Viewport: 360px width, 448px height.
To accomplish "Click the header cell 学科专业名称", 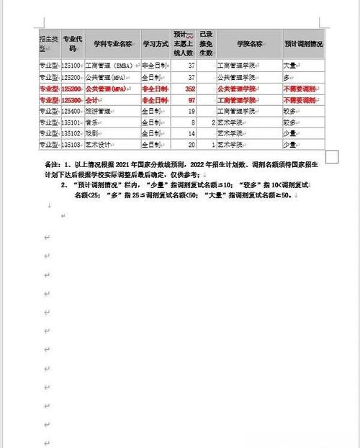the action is [x=112, y=44].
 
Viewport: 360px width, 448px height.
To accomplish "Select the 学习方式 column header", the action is [x=155, y=44].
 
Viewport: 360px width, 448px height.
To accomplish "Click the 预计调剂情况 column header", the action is [x=302, y=44].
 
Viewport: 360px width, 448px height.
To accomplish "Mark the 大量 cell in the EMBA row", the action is [x=290, y=65].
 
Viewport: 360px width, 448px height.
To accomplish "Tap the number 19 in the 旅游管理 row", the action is [x=192, y=111].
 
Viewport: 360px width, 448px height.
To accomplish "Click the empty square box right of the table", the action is [x=332, y=156].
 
